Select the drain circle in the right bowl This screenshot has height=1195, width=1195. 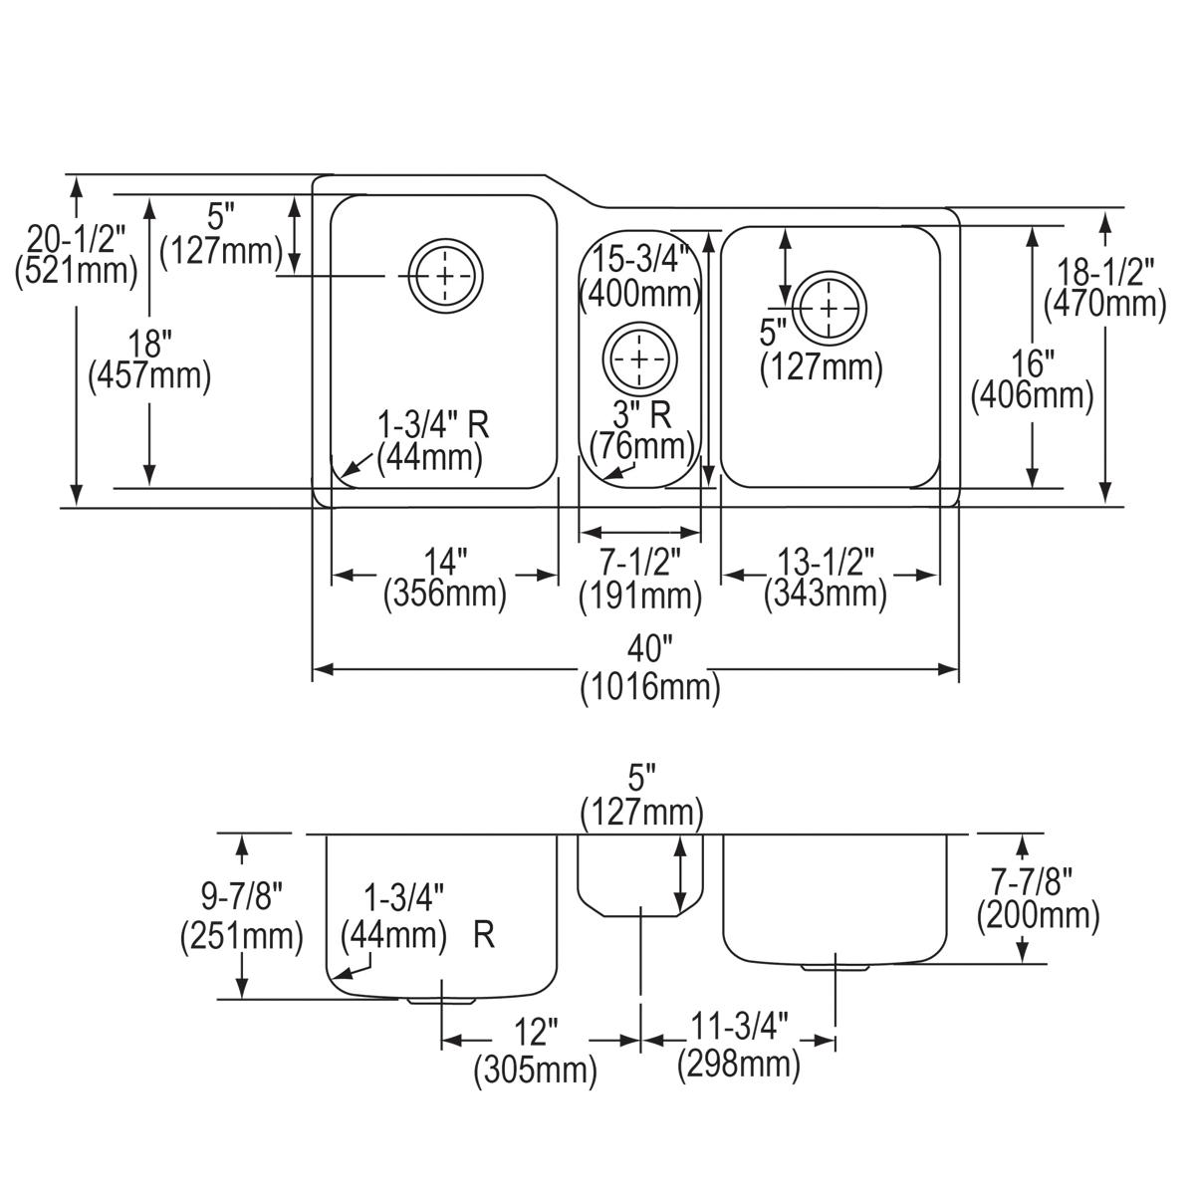click(x=829, y=306)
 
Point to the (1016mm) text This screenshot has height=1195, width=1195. click(x=649, y=687)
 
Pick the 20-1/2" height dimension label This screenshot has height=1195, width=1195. click(x=77, y=239)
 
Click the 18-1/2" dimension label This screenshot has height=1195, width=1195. click(x=1104, y=271)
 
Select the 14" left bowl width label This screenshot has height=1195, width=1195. click(x=444, y=562)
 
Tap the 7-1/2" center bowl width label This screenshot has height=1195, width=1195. click(x=640, y=562)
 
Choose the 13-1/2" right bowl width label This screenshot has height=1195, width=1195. click(x=825, y=562)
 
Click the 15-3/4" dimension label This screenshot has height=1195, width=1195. click(x=640, y=261)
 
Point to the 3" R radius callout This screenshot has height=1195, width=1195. click(x=640, y=410)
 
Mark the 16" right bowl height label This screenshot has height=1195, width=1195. click(x=1033, y=360)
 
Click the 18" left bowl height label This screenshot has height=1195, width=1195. click(x=149, y=344)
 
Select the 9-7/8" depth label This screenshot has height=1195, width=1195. click(x=241, y=898)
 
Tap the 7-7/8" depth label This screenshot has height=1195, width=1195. click(x=1038, y=880)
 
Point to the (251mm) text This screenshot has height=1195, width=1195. click(x=241, y=936)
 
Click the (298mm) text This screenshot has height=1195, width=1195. click(x=738, y=1064)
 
